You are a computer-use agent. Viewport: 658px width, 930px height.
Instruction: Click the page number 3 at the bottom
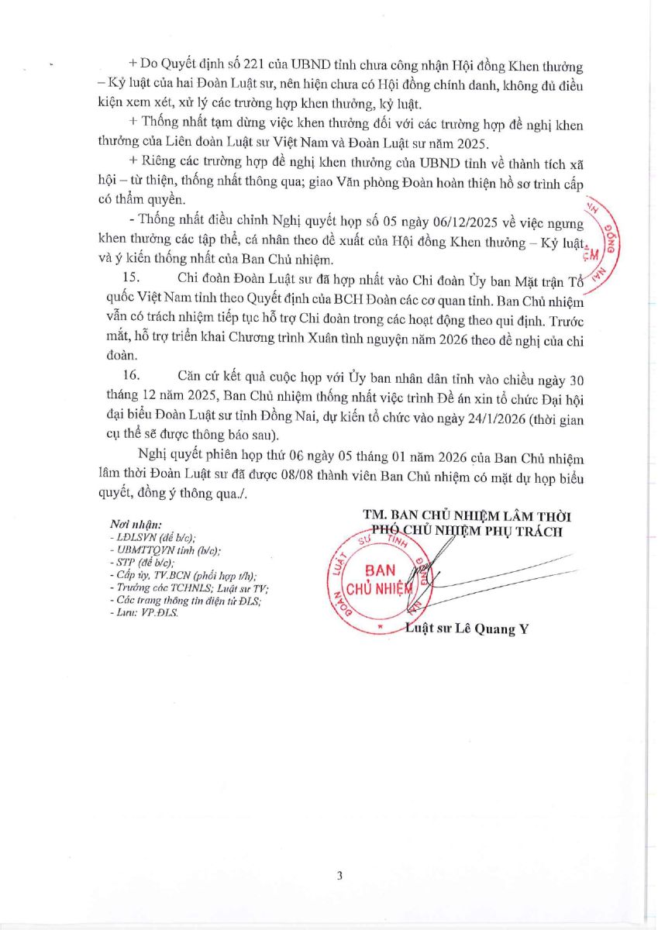[x=339, y=876]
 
